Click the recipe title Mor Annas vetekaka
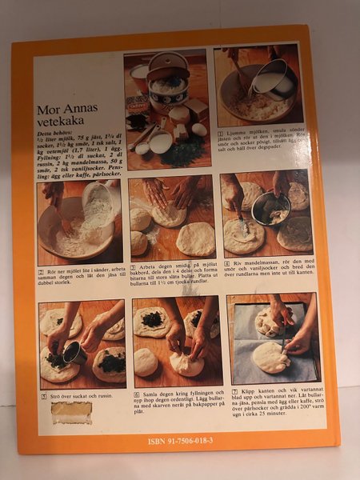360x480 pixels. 74,118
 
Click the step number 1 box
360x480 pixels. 220,131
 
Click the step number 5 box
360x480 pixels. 44,394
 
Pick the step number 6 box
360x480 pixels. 135,394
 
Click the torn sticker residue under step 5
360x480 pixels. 71,412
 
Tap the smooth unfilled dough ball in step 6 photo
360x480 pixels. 146,362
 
